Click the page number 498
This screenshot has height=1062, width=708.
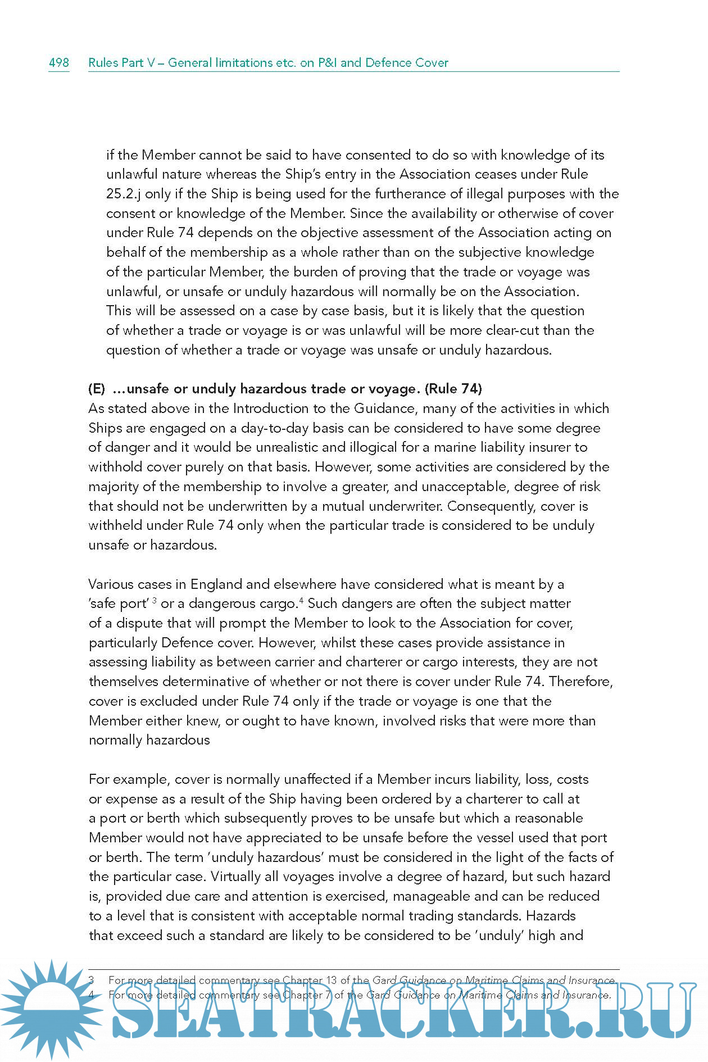coord(59,62)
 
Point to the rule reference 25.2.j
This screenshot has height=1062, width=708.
coord(124,194)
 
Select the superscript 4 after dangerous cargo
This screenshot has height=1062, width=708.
coord(302,601)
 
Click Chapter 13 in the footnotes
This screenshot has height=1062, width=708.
coord(310,980)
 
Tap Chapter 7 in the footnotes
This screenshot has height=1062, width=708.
coord(306,995)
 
